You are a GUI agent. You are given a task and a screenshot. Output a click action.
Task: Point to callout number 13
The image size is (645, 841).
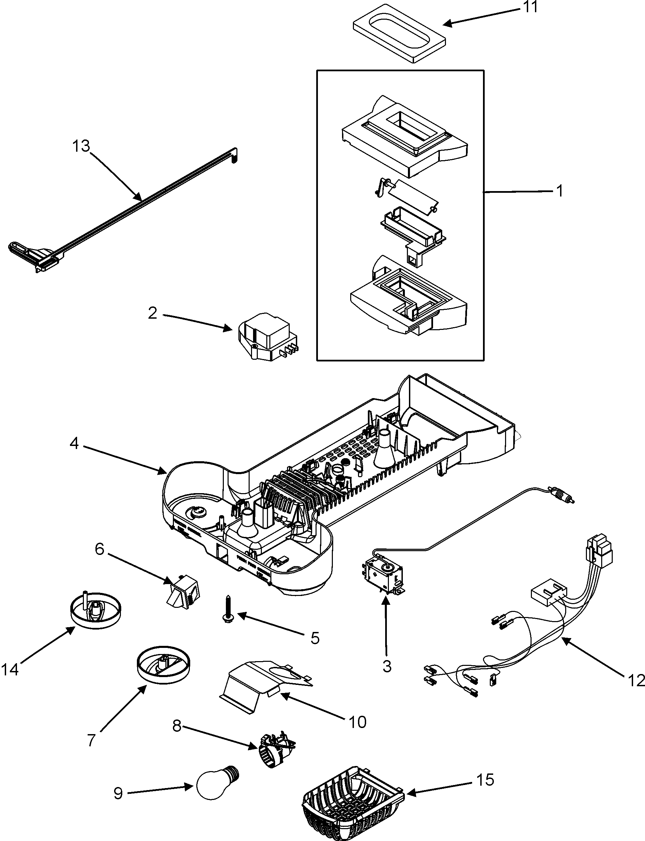[x=82, y=146]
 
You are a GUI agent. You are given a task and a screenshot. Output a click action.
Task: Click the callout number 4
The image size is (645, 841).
[x=74, y=444]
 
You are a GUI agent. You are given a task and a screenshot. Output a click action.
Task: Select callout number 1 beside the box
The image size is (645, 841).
[x=559, y=191]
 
